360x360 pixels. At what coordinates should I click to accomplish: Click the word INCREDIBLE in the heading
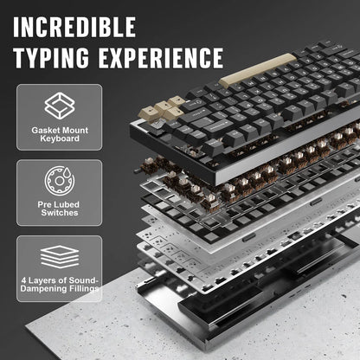point(74,27)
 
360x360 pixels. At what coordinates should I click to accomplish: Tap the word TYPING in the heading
point(51,58)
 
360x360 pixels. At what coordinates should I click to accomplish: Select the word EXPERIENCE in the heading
point(161,58)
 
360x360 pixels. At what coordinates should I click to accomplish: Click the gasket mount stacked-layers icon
point(60,106)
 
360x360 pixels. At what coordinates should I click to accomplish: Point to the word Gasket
point(44,131)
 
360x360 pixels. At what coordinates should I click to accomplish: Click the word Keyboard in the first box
point(60,138)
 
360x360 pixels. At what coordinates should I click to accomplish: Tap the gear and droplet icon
point(60,181)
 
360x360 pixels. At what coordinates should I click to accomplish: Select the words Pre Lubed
point(59,204)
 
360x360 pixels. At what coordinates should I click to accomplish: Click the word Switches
point(60,213)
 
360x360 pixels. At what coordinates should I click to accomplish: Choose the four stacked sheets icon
point(60,257)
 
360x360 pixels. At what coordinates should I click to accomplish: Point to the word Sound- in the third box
point(84,280)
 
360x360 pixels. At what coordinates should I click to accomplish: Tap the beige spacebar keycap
point(258,68)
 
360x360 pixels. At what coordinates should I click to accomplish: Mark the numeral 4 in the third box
point(23,280)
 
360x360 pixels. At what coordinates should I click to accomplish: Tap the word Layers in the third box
point(42,280)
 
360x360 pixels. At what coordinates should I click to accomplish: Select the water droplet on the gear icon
point(67,173)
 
